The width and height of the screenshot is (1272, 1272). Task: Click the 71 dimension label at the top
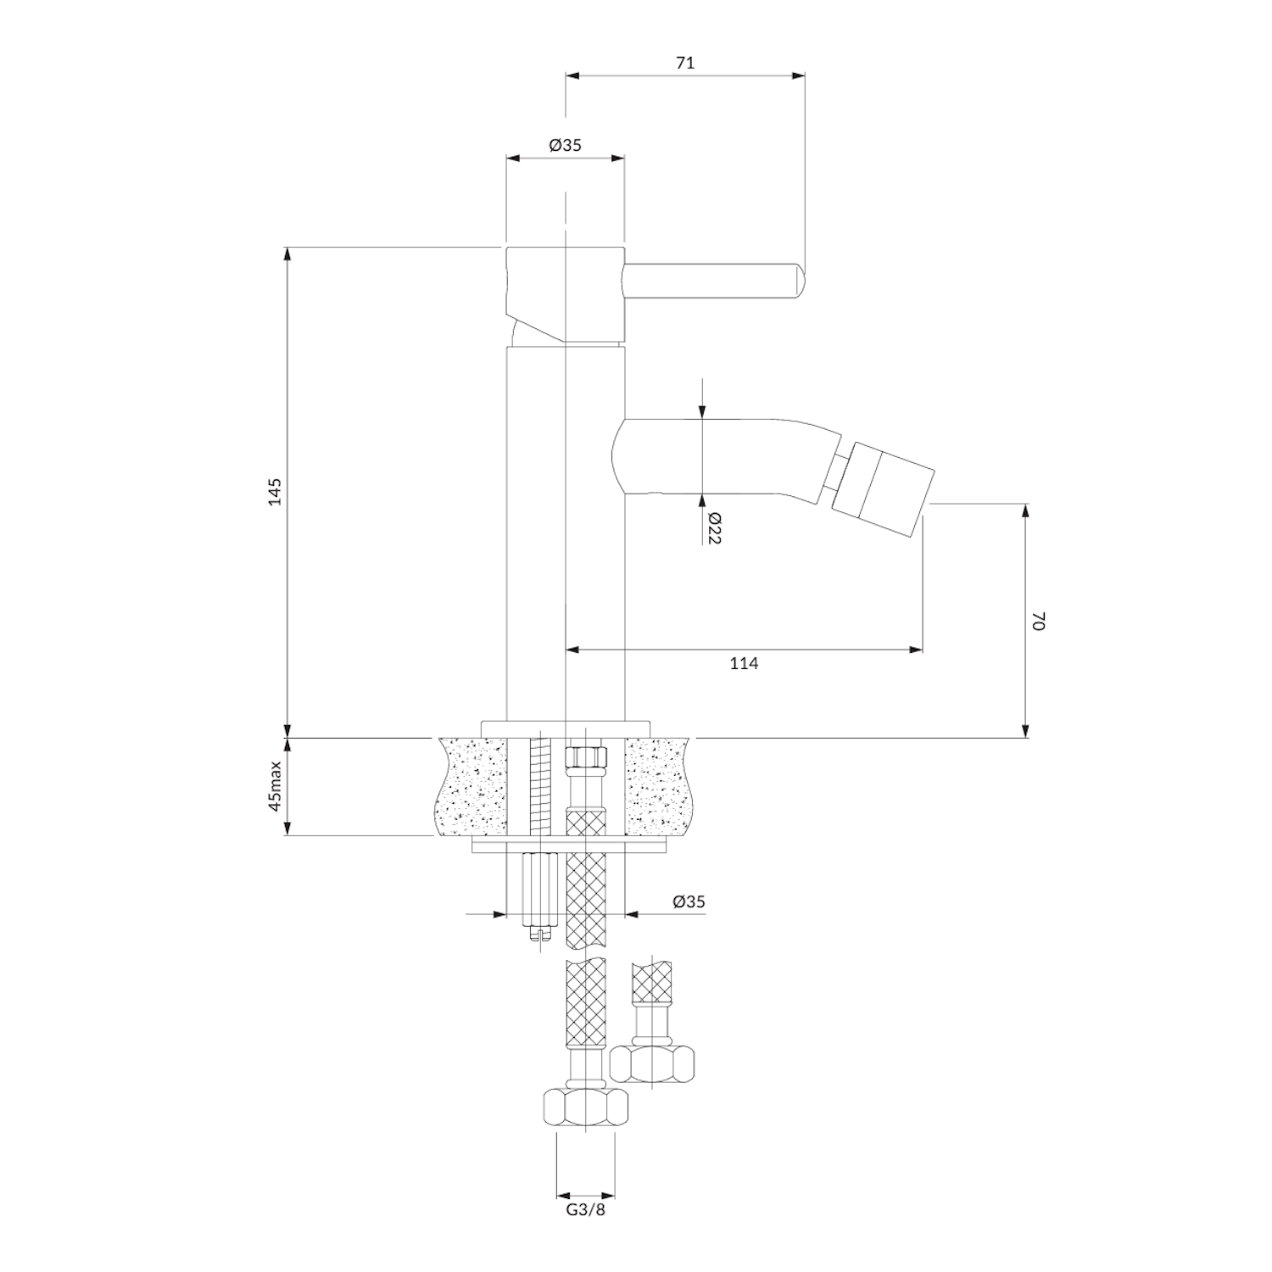coord(685,63)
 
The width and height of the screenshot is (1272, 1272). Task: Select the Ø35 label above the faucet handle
coord(565,145)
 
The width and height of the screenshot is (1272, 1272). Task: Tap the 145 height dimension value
coord(274,491)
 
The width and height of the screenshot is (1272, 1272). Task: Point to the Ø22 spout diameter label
coord(713,527)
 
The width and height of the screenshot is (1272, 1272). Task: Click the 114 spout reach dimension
coord(744,664)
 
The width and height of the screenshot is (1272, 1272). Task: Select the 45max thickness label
coord(275,787)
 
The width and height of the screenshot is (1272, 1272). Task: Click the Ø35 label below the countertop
coord(689,902)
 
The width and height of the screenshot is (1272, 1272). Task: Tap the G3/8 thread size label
coord(586,1209)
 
